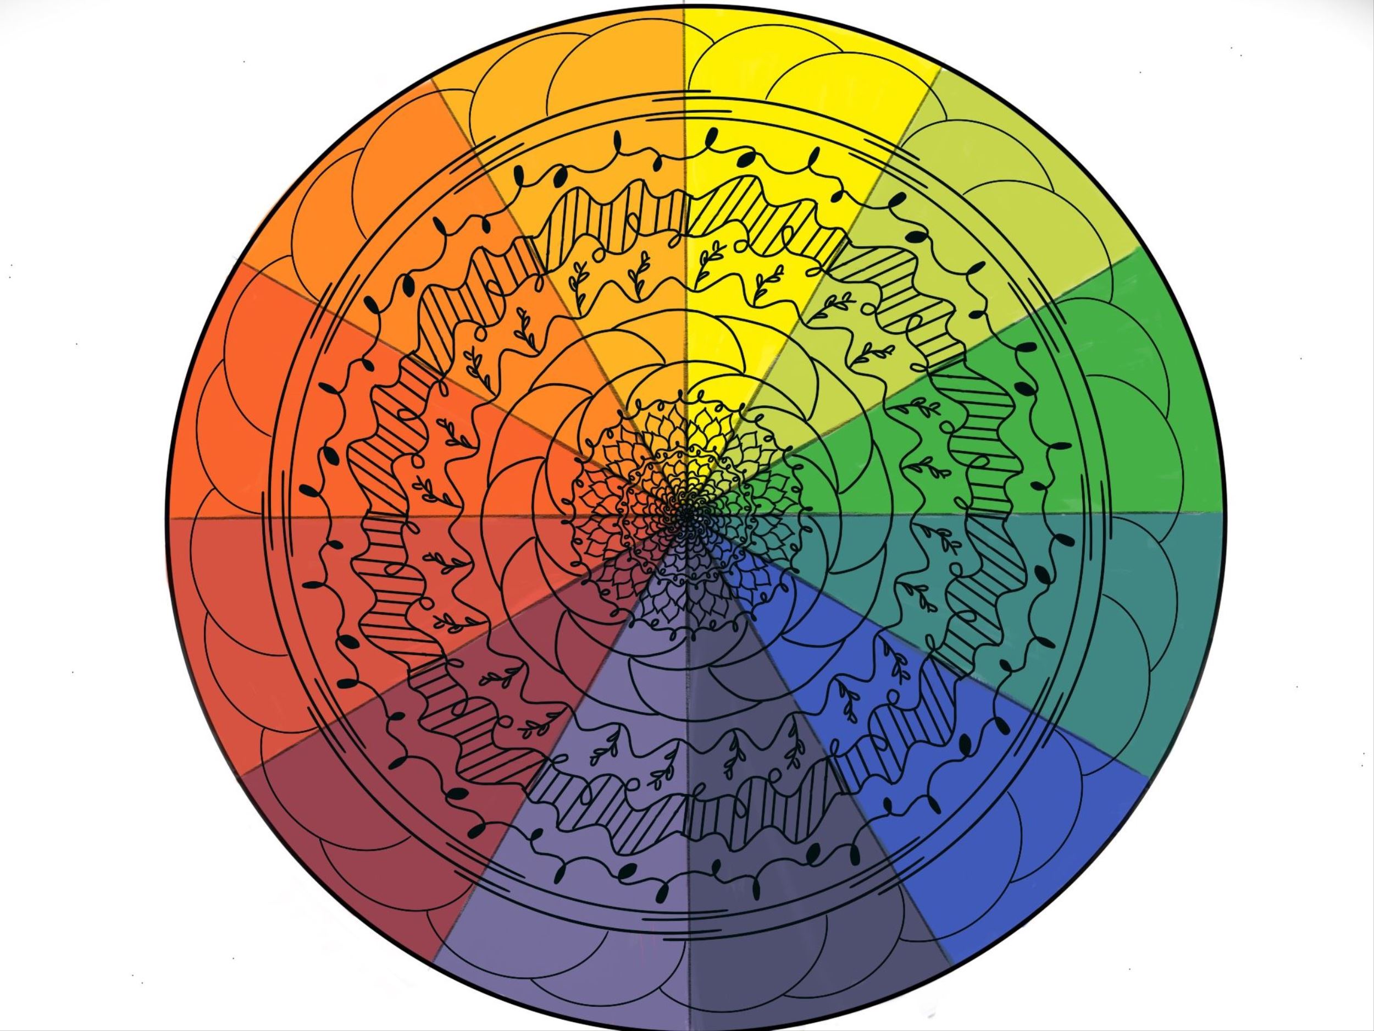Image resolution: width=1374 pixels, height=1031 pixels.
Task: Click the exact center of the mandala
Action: tap(686, 515)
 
